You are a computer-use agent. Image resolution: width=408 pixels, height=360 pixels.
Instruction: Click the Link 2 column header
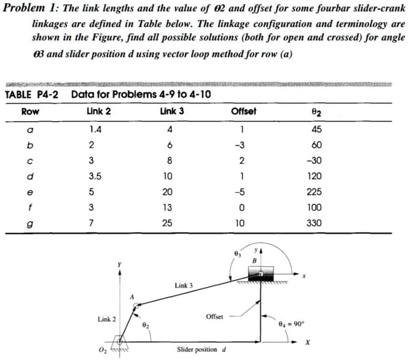[x=98, y=111]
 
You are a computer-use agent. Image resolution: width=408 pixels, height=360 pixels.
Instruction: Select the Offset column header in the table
[x=243, y=111]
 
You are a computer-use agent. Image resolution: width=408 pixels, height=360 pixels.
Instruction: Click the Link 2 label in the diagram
[x=106, y=320]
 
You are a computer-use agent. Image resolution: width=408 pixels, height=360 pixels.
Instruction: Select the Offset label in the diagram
[x=214, y=317]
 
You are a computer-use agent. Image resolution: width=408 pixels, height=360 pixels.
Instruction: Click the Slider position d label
[x=200, y=350]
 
